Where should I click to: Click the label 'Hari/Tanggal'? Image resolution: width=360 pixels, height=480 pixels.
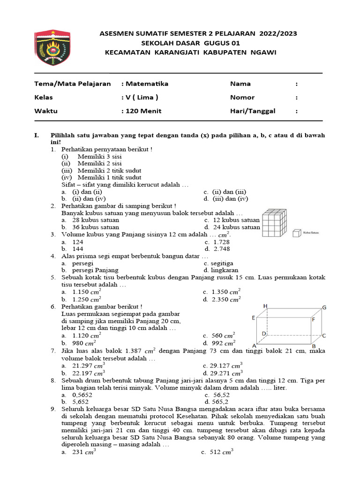(253, 111)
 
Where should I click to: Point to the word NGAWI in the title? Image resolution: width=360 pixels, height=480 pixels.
(263, 52)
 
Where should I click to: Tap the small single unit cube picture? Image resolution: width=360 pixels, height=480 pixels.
(296, 232)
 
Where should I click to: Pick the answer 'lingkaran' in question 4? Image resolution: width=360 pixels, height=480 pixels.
(225, 270)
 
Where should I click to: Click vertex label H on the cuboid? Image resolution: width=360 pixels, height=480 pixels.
(265, 306)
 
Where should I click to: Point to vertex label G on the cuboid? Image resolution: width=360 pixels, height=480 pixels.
(323, 307)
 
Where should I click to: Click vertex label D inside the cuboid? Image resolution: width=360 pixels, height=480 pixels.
(264, 334)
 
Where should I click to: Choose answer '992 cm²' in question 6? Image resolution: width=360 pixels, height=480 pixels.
(224, 343)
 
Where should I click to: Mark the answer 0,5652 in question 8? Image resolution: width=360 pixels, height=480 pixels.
(82, 395)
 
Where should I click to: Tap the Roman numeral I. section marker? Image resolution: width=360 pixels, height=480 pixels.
(37, 135)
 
